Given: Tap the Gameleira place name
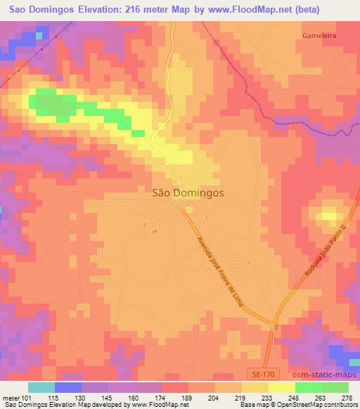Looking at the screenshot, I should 321,34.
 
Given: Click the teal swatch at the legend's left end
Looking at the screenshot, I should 41,387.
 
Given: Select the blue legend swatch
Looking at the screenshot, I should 68,387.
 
